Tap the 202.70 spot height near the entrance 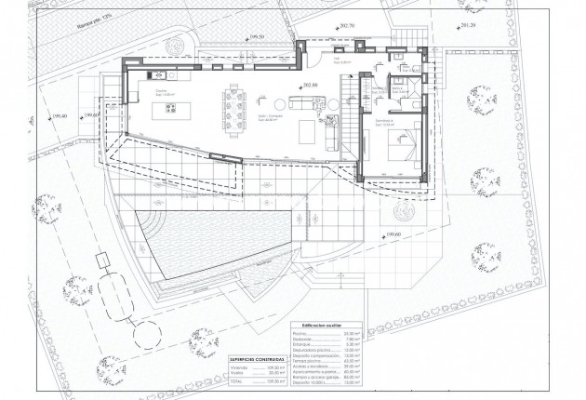(348, 26)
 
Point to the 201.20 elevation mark (465, 25)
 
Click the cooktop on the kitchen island (173, 106)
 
